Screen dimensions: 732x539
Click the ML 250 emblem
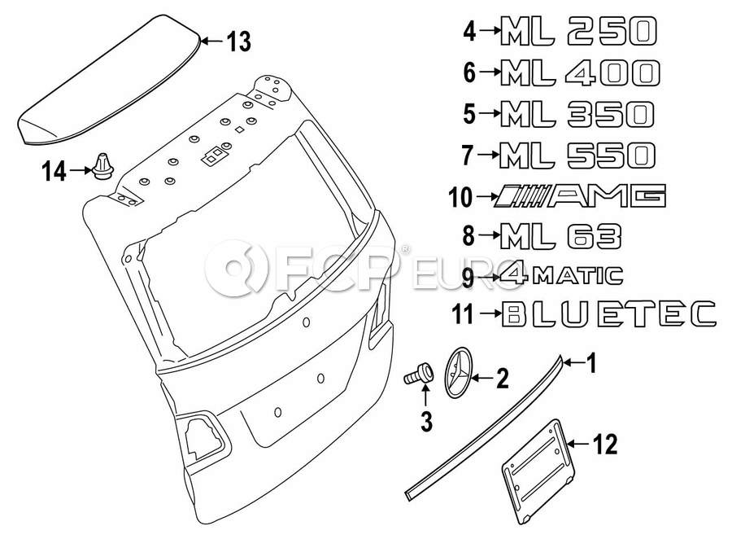coord(578,31)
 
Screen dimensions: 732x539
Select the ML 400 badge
coord(580,73)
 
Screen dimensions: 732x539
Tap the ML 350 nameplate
coord(577,114)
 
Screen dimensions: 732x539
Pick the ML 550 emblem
coord(577,156)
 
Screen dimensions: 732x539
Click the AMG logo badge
coord(580,195)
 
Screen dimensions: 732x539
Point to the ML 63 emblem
coord(560,237)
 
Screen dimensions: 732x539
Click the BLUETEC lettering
coord(608,313)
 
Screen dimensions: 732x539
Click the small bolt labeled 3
coord(418,373)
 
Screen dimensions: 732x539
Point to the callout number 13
coord(239,42)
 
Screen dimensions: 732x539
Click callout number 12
coord(605,444)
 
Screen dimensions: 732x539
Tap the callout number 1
coord(591,363)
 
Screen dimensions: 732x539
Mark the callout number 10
coord(460,197)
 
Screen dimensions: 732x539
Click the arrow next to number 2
coord(482,377)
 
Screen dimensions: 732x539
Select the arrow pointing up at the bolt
coord(425,395)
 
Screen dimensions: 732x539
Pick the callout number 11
coord(463,314)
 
